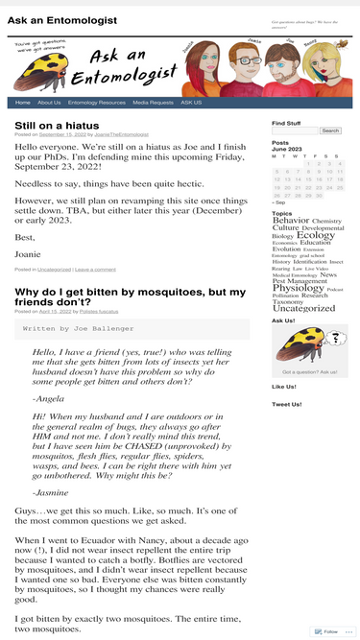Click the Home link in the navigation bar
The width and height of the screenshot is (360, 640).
(x=22, y=103)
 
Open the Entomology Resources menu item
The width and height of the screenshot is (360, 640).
(x=97, y=103)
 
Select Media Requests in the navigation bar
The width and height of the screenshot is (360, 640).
(x=153, y=103)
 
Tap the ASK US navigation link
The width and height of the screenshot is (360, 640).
(x=191, y=103)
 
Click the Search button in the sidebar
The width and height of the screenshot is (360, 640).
(x=330, y=130)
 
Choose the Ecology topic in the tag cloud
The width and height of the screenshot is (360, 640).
(x=316, y=234)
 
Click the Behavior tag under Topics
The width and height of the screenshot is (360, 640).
(x=291, y=221)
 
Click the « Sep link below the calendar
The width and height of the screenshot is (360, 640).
(x=278, y=202)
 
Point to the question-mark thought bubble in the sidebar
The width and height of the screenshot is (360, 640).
(x=335, y=337)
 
